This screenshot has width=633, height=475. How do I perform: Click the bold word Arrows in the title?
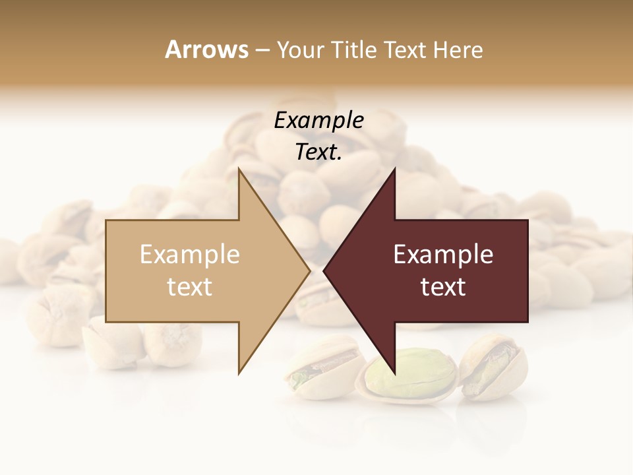click(x=206, y=49)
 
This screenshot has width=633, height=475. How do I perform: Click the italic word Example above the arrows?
click(x=319, y=121)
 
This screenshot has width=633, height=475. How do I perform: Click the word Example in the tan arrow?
click(x=190, y=255)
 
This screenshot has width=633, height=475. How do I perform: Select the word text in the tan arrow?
click(x=190, y=287)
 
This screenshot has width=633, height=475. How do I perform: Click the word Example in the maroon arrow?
click(x=443, y=255)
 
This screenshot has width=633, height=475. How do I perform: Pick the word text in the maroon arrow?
click(x=443, y=287)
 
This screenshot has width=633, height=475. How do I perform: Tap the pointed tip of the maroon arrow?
click(x=324, y=270)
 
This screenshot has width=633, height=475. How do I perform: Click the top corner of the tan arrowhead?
click(x=239, y=170)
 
